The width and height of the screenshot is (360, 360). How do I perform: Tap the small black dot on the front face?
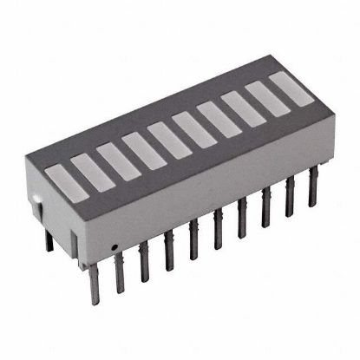[114, 246]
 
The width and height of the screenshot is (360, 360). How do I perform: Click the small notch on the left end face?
[38, 202]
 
